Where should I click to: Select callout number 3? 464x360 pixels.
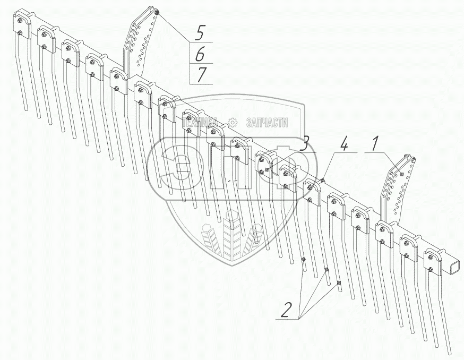pos(304,143)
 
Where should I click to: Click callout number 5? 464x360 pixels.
pos(200,33)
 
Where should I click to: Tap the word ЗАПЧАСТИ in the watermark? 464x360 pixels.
pos(267,123)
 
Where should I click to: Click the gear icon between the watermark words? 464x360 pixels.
pos(232,122)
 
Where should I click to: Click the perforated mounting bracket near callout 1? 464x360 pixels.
pos(397,188)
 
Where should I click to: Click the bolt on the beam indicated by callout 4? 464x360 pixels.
pos(322,181)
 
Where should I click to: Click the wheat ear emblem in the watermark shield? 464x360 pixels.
pos(231,234)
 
